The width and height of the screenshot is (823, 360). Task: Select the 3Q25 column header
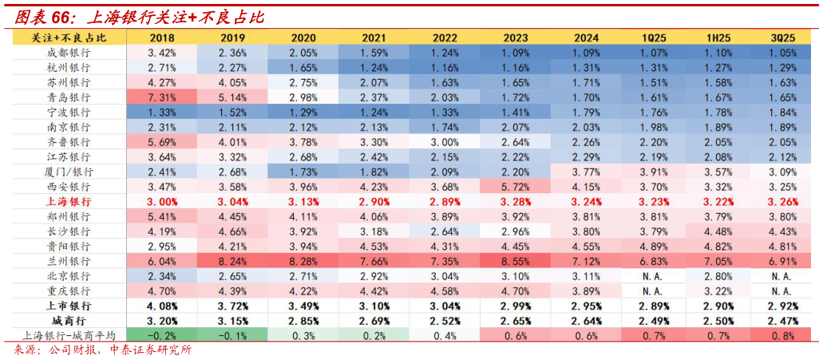pyautogui.click(x=780, y=38)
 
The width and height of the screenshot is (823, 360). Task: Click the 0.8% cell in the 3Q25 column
pyautogui.click(x=780, y=335)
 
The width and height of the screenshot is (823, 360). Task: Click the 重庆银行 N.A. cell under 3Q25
pyautogui.click(x=780, y=291)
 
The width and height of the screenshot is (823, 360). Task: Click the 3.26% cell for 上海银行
pyautogui.click(x=780, y=201)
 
